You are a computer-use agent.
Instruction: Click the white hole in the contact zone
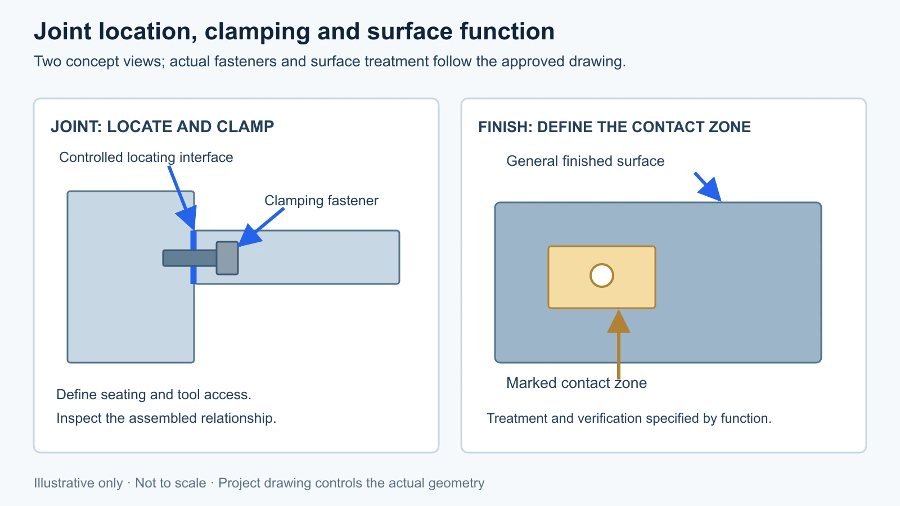point(601,275)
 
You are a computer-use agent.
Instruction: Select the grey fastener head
point(227,258)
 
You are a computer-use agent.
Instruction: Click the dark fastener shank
point(190,258)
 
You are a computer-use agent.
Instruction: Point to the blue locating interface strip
point(193,257)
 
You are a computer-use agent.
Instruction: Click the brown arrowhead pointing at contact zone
point(618,321)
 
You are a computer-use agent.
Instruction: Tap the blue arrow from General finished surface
point(708,187)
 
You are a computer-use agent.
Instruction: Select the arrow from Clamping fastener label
point(261,227)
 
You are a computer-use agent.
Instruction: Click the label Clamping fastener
point(321,200)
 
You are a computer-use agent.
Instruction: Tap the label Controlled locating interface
point(146,157)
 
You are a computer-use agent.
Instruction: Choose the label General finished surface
point(585,161)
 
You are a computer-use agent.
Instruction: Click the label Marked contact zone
point(576,383)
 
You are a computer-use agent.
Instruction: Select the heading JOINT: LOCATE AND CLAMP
point(163,126)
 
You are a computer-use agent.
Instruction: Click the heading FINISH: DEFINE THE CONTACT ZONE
point(614,127)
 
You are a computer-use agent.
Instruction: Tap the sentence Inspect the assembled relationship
point(166,418)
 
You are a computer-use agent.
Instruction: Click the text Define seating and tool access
point(154,394)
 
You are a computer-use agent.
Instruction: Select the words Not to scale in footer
point(170,483)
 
